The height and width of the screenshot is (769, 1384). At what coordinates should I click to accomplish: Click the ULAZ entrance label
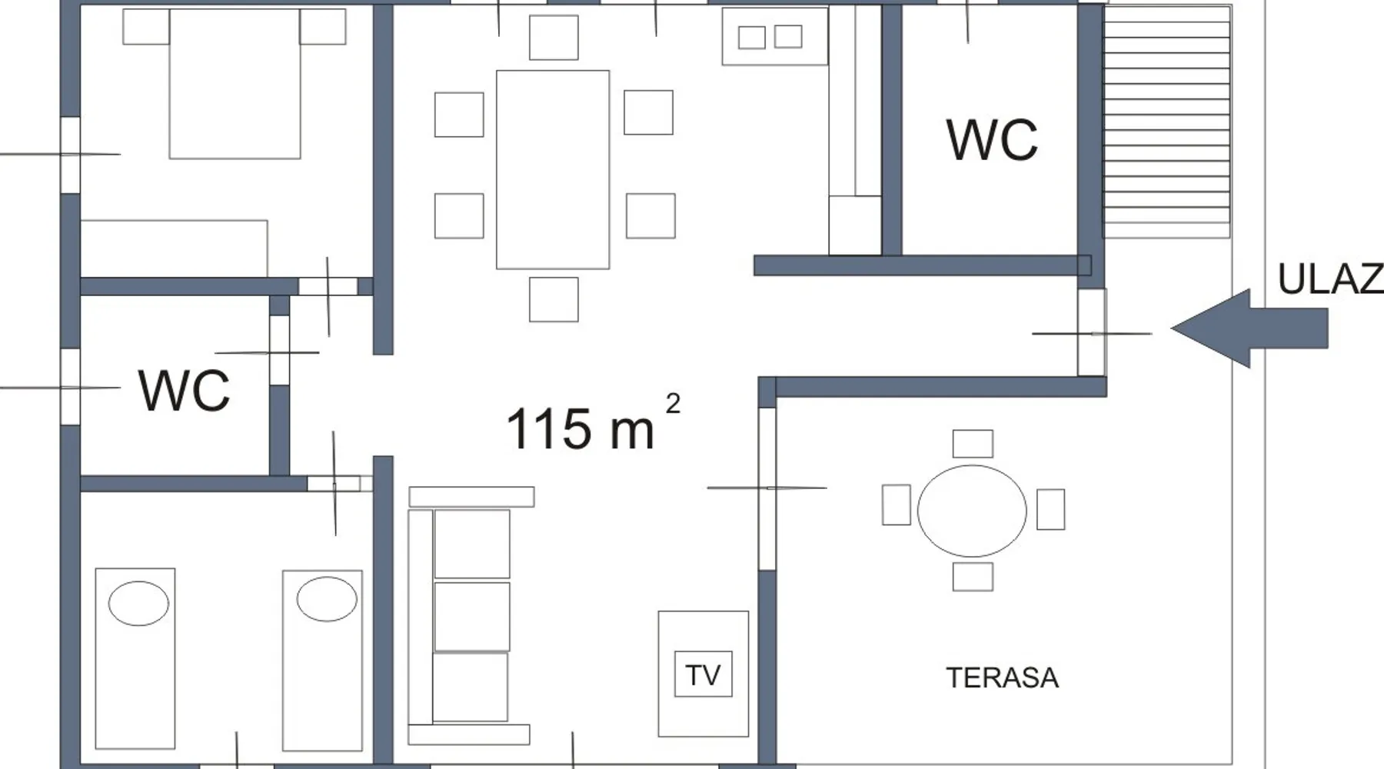(1330, 279)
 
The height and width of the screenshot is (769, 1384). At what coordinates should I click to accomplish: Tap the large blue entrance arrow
(1249, 328)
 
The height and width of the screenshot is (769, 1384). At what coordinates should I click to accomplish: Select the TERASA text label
(1002, 678)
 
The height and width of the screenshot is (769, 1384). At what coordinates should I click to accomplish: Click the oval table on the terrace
(972, 511)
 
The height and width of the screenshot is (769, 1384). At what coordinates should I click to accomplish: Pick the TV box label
(703, 674)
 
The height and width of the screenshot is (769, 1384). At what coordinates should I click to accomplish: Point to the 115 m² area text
(592, 424)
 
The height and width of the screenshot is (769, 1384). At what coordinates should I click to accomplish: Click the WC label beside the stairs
(992, 140)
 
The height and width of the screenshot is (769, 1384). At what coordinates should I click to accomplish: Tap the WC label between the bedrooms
(184, 390)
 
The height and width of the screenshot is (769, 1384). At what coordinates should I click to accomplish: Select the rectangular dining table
(553, 169)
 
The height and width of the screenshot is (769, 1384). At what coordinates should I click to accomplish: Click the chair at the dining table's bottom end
(554, 299)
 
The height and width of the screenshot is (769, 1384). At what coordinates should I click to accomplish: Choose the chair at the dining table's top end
(554, 37)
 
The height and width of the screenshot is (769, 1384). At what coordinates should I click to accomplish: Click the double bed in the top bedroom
(235, 84)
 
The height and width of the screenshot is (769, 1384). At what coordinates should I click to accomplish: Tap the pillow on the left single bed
(138, 603)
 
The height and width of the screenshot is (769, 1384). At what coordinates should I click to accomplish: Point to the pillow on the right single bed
(327, 598)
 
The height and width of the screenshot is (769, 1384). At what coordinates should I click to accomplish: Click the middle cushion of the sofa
(471, 617)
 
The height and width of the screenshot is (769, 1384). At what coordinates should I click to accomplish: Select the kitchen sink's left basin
(751, 37)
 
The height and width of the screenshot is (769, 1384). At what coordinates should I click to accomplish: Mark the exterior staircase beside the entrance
(1166, 122)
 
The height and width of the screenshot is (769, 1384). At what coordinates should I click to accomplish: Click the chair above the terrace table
(973, 444)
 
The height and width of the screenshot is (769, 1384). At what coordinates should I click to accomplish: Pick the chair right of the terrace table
(1050, 509)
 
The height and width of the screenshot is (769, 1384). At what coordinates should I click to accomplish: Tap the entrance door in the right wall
(1092, 332)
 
